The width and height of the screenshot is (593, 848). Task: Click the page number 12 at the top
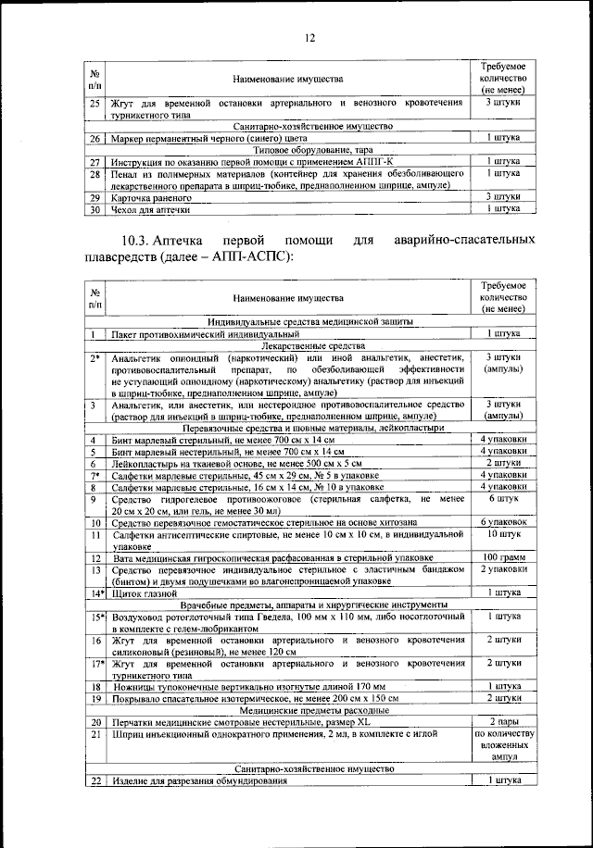(x=309, y=36)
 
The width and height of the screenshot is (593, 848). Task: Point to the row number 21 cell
(x=95, y=733)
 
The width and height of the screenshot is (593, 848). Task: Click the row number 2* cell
(x=95, y=357)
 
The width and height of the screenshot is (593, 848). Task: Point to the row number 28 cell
(x=95, y=174)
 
